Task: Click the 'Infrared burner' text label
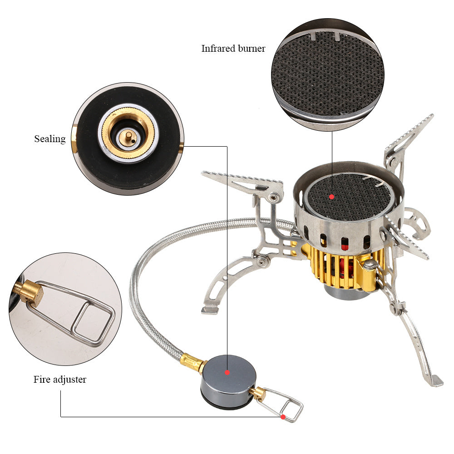coord(233,49)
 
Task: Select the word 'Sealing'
coord(50,139)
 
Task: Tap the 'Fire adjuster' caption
coord(59,379)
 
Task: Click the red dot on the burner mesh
coord(332,197)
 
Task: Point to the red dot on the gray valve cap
coord(227,372)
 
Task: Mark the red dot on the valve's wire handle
coord(283,416)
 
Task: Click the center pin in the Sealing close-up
coord(128,135)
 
